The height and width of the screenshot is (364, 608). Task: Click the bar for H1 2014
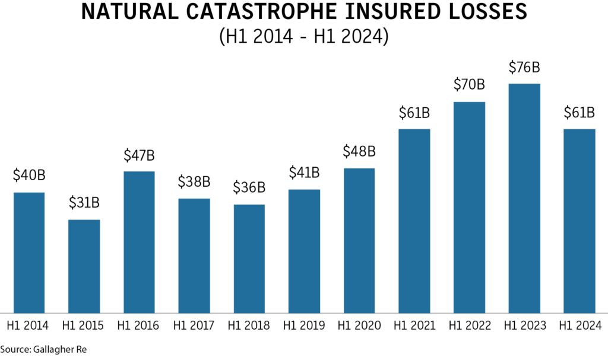tap(29, 252)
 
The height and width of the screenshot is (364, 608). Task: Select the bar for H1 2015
tap(84, 266)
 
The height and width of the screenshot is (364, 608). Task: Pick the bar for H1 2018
tap(249, 258)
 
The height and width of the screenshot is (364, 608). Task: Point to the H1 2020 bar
tap(359, 240)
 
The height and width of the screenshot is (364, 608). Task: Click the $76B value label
tap(524, 68)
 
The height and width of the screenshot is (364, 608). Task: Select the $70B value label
tap(469, 85)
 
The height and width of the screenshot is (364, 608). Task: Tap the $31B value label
tap(84, 203)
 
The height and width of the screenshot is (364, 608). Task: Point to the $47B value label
tap(139, 155)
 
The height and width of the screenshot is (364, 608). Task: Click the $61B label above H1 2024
tap(579, 113)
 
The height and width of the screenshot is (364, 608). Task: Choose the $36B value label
tap(249, 188)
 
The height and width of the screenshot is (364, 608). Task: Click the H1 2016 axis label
tap(139, 325)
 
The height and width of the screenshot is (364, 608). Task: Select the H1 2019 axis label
tap(304, 325)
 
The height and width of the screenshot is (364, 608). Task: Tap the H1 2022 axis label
tap(469, 325)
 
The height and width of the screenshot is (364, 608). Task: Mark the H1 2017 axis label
tap(194, 325)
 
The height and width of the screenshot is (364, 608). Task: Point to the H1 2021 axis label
tap(414, 325)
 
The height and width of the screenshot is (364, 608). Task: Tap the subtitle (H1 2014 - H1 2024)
tap(303, 37)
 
